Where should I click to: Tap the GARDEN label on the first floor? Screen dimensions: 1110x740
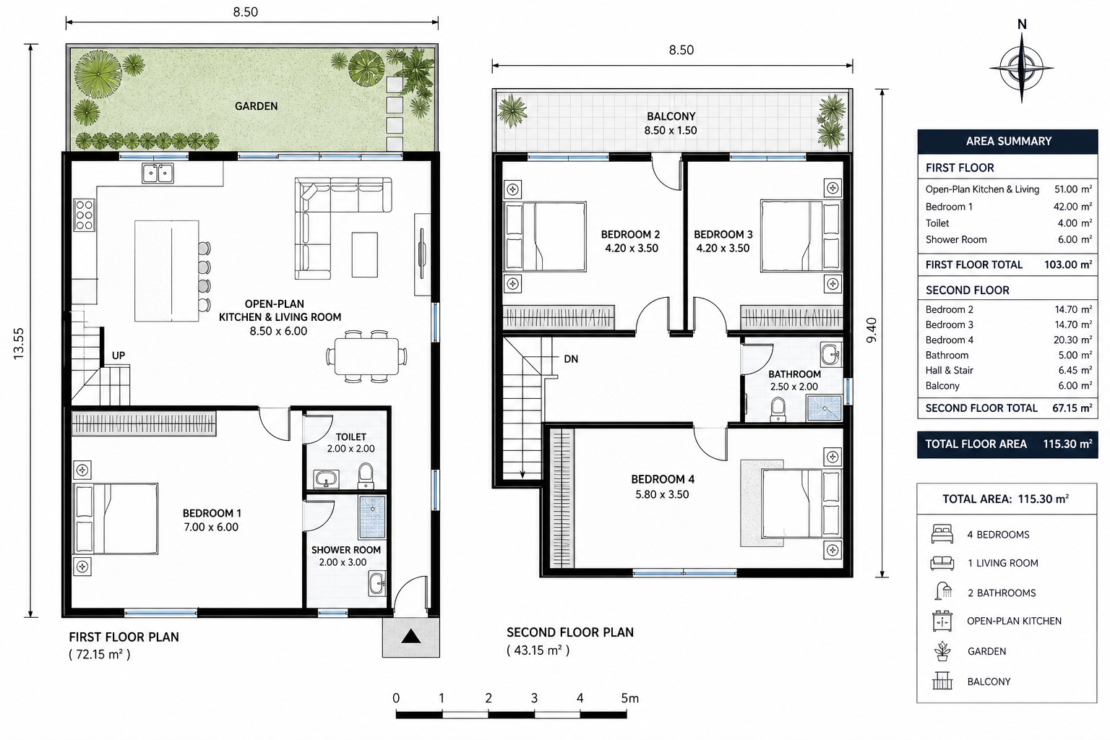tap(257, 106)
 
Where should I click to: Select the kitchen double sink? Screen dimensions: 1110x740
tap(158, 173)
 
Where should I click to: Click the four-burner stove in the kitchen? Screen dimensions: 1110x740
tap(84, 215)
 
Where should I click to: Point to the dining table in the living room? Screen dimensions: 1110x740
tap(366, 356)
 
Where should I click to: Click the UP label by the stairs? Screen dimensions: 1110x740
tap(119, 356)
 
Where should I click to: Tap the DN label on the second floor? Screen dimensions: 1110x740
tap(571, 359)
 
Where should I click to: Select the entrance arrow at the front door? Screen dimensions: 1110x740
tap(410, 636)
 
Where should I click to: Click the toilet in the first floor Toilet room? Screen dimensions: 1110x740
tap(366, 476)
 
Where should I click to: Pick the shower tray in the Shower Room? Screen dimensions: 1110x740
tap(371, 517)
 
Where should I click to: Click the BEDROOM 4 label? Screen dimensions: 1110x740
tap(663, 479)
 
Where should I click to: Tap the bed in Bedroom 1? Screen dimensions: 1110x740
tap(116, 518)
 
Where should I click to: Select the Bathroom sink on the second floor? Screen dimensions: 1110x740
tap(830, 354)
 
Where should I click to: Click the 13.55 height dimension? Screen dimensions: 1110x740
tap(18, 343)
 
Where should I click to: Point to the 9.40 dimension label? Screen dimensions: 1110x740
tap(872, 330)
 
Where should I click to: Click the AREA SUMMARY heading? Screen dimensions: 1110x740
tap(1008, 141)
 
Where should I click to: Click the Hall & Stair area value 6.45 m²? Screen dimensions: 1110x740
tap(1073, 370)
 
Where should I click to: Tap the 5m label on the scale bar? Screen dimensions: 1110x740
tap(630, 698)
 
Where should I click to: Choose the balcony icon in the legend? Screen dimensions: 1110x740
tap(942, 681)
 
